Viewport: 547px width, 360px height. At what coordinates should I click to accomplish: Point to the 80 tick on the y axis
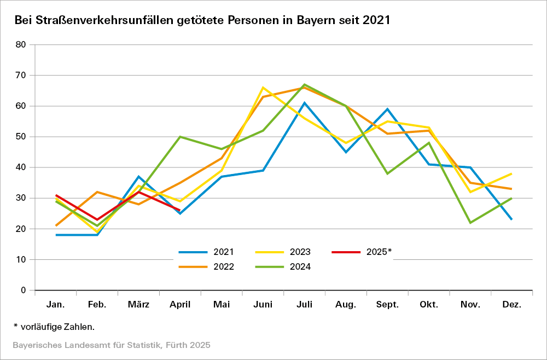(x=21, y=45)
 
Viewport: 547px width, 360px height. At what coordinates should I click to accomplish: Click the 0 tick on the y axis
(x=24, y=290)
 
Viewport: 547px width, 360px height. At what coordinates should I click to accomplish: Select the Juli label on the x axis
(x=304, y=305)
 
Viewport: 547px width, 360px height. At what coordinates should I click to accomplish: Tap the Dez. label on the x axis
(x=511, y=305)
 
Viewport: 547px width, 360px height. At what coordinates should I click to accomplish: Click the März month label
(x=138, y=305)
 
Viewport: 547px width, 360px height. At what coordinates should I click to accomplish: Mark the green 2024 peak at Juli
(x=304, y=85)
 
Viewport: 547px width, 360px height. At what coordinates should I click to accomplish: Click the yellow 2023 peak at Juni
(x=263, y=88)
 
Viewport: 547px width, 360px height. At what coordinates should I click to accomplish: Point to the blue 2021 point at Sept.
(x=387, y=109)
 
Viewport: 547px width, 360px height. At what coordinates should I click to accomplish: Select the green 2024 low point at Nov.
(x=470, y=223)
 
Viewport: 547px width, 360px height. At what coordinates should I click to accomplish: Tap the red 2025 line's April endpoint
(x=180, y=210)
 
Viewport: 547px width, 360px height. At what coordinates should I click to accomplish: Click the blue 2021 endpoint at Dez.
(x=511, y=219)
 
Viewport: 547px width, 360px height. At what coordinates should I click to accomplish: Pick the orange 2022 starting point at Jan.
(x=56, y=225)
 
